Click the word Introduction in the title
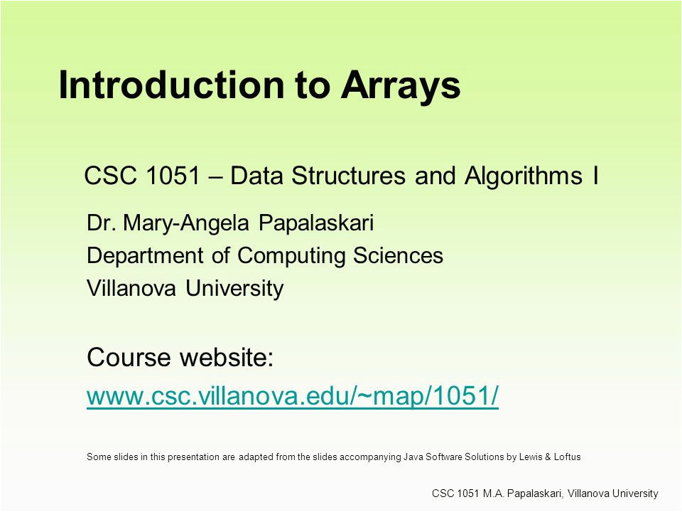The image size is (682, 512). [x=171, y=85]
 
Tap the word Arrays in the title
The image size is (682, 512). [x=401, y=86]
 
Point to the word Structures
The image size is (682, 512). [x=348, y=176]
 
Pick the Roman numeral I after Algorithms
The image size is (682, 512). [x=595, y=176]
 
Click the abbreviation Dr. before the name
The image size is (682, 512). [x=101, y=223]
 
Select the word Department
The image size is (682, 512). [x=145, y=256]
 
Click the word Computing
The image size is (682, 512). [x=291, y=256]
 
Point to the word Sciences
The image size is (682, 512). [x=398, y=255]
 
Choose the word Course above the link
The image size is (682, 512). [x=129, y=357]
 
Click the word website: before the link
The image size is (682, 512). [x=227, y=357]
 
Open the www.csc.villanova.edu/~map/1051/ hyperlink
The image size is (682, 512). [x=292, y=396]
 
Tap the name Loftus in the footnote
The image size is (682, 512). [x=567, y=457]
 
